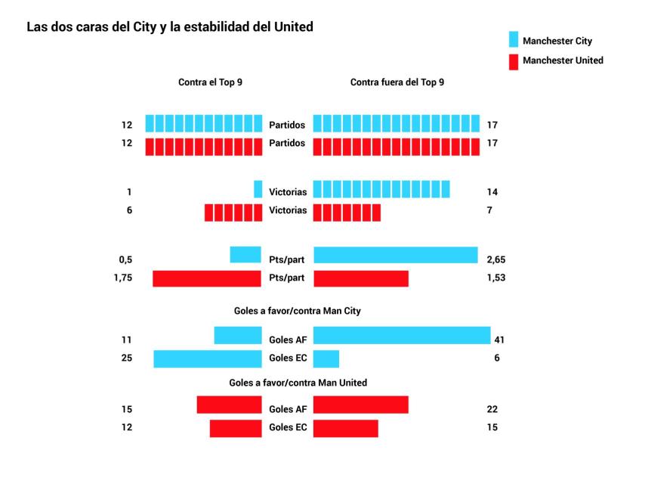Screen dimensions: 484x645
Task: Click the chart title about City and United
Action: (170, 27)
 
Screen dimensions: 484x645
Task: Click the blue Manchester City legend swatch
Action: (514, 41)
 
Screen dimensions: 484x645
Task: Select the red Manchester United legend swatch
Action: (514, 60)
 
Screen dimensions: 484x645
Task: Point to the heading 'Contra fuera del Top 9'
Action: (397, 82)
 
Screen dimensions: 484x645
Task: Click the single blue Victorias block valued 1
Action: (258, 189)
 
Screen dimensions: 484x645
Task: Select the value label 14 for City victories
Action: (492, 192)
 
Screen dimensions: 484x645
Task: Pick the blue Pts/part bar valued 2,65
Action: (395, 255)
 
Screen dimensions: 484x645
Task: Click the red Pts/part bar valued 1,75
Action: (207, 278)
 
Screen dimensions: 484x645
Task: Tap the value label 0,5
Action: (125, 259)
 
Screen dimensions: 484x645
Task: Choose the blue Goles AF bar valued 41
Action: (401, 335)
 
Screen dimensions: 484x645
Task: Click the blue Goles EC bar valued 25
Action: (208, 358)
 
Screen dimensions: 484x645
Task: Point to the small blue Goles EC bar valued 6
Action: (326, 358)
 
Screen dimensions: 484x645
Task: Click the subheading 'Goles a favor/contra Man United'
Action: (298, 383)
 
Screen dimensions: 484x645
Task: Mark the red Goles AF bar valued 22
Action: (360, 405)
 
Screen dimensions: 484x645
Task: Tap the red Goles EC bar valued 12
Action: (236, 428)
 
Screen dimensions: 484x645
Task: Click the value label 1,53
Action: (495, 278)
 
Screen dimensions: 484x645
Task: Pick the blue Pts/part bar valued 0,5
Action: (245, 255)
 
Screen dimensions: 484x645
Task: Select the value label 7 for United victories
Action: (489, 210)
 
